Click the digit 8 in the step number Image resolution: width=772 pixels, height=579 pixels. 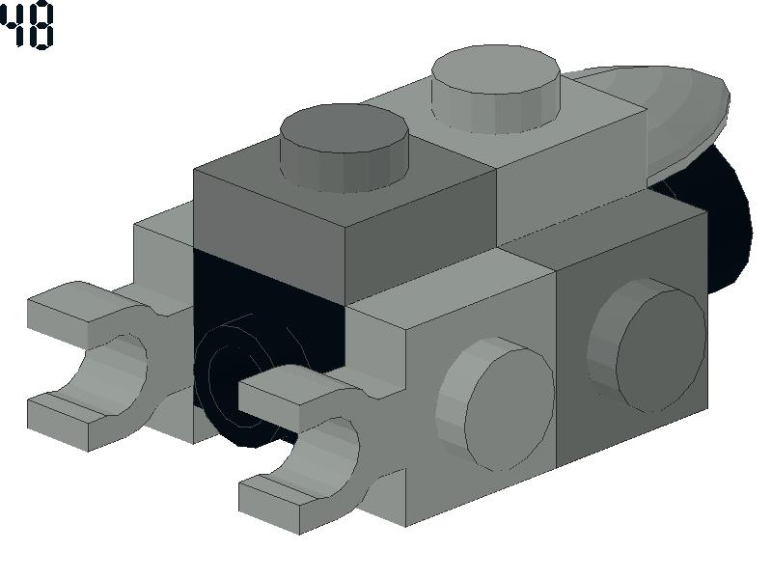click(41, 25)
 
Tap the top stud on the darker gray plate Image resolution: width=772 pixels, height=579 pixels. click(345, 147)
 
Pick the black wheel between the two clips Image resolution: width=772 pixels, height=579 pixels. click(236, 379)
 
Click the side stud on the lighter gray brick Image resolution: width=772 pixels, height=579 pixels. click(495, 403)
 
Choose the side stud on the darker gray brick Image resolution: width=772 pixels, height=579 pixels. click(648, 345)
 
